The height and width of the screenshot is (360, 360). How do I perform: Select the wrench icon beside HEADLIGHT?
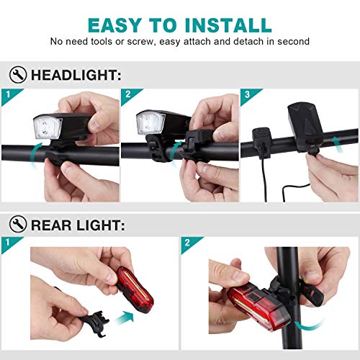coord(18,75)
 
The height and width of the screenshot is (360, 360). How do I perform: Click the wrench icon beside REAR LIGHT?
coord(18,224)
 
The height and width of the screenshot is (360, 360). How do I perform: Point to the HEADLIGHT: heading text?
coord(76,75)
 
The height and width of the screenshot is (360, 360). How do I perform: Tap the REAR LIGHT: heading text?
coord(78,225)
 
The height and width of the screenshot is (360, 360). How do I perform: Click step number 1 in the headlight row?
coord(9,94)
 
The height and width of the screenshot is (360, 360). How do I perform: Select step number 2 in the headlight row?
coord(128,94)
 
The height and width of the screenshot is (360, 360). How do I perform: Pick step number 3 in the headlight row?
coord(248,94)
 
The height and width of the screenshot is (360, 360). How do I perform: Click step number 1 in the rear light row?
coord(8,242)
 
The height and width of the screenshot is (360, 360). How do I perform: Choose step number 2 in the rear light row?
coord(187,243)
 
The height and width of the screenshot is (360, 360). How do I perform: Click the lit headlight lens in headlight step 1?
coord(48,127)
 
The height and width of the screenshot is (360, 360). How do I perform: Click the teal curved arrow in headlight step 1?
coord(35,156)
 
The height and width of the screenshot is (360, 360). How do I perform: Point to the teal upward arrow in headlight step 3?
coord(337,145)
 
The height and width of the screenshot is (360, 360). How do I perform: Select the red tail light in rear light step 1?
coord(135,289)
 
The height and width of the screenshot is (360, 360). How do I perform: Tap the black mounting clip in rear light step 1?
coord(94,323)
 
